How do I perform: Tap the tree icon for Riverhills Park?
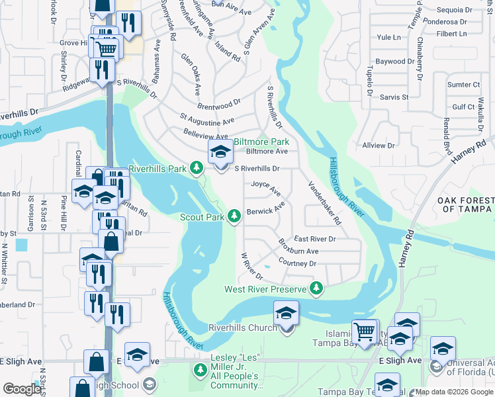(196, 169)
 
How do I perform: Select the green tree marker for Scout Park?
(234, 216)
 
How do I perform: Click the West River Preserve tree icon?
(317, 288)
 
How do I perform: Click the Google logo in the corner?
(22, 389)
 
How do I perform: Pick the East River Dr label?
(315, 239)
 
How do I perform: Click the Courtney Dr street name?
(298, 263)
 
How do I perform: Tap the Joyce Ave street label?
(266, 189)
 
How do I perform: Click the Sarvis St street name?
(394, 97)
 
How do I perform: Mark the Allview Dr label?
(379, 145)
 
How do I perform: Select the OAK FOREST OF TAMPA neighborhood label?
(466, 204)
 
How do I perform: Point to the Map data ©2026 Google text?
(454, 392)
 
